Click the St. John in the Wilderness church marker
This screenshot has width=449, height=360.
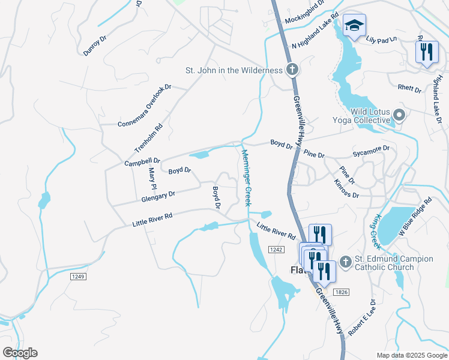click(x=292, y=70)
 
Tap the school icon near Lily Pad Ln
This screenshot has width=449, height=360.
click(x=354, y=26)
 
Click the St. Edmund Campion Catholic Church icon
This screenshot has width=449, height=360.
click(x=345, y=262)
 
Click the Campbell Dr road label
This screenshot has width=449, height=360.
click(x=142, y=161)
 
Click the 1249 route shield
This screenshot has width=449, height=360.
click(x=78, y=276)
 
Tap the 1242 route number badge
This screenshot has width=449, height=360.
click(x=276, y=249)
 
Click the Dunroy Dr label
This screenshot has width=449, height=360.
click(x=95, y=46)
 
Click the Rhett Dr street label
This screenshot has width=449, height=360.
click(x=410, y=89)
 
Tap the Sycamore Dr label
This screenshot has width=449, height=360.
click(x=371, y=148)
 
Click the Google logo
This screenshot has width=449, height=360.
click(x=20, y=353)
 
